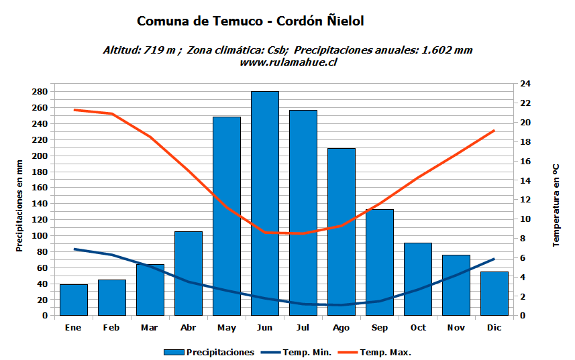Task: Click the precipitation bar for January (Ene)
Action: point(74,300)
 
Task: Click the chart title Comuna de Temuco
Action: point(250,21)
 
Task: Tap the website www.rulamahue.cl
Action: point(288,62)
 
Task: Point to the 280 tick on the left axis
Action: point(40,92)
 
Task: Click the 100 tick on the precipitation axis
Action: point(40,236)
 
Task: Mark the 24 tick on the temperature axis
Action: point(525,84)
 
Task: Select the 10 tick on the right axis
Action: point(525,219)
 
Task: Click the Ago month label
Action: point(341,328)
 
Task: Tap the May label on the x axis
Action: point(227,328)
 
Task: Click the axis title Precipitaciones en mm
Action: point(19,205)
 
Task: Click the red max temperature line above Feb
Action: point(112,113)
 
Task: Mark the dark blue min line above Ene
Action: point(74,249)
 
